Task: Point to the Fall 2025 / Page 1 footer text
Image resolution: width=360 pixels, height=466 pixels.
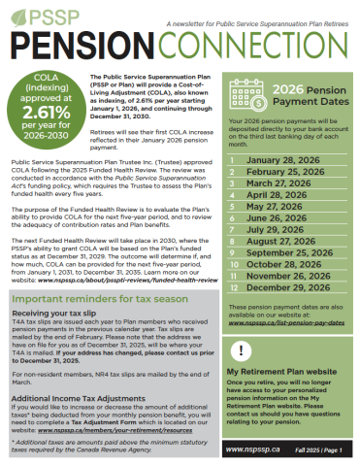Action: [320, 449]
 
